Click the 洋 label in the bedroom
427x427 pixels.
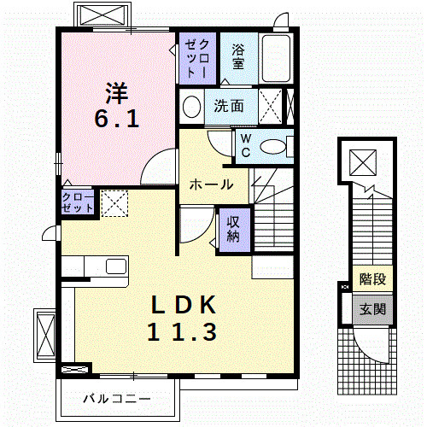pyautogui.click(x=116, y=90)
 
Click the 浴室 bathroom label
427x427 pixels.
pyautogui.click(x=238, y=56)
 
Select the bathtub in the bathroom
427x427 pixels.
pyautogui.click(x=277, y=59)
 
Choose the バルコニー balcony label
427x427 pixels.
pyautogui.click(x=117, y=398)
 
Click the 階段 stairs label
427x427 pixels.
pyautogui.click(x=372, y=278)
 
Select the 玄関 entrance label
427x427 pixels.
pyautogui.click(x=372, y=309)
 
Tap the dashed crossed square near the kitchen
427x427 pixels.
pyautogui.click(x=114, y=204)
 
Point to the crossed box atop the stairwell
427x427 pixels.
pyautogui.click(x=363, y=160)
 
